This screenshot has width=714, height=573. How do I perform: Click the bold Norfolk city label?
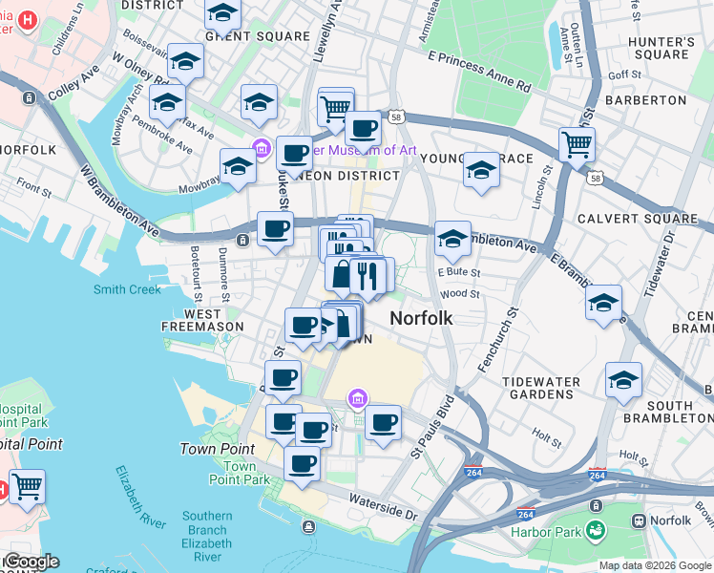tap(421, 318)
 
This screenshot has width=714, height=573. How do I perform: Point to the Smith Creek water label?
tap(127, 289)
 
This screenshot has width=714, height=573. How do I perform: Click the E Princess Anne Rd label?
tap(478, 72)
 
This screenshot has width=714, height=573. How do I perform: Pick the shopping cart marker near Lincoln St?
tap(577, 145)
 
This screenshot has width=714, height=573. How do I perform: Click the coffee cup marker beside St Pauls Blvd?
tap(383, 422)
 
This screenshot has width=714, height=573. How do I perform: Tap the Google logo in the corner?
tap(31, 562)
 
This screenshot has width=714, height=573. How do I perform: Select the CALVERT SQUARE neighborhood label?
tap(637, 219)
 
